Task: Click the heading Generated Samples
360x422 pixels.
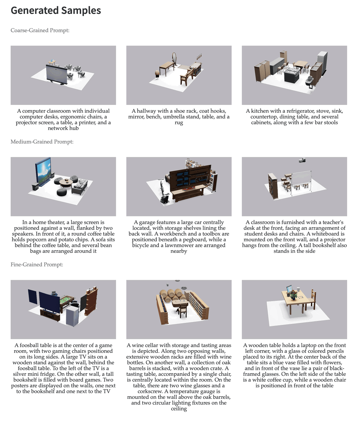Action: [x=56, y=11]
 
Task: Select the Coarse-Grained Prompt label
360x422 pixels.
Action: [x=40, y=30]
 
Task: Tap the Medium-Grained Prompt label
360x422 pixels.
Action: [x=42, y=142]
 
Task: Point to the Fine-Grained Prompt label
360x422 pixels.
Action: [x=37, y=265]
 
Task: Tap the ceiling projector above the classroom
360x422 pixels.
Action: [x=302, y=160]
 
